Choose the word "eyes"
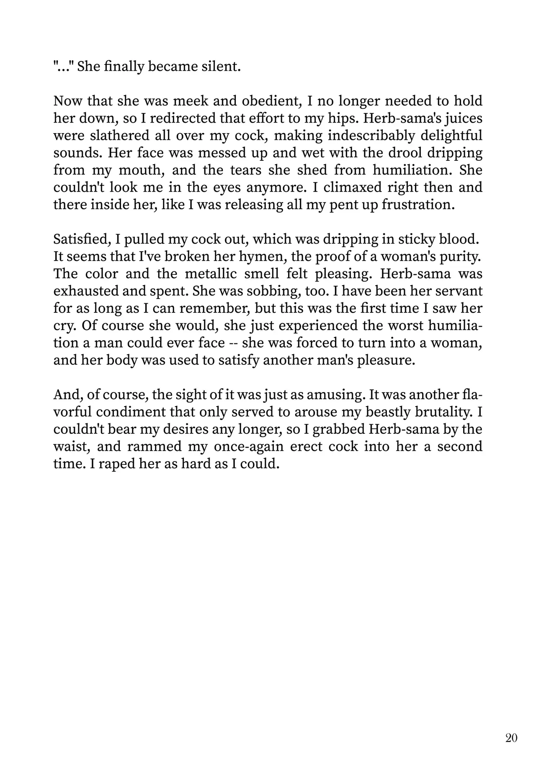(x=227, y=188)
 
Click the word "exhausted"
(x=87, y=291)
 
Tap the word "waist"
(x=71, y=446)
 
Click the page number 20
(x=511, y=737)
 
